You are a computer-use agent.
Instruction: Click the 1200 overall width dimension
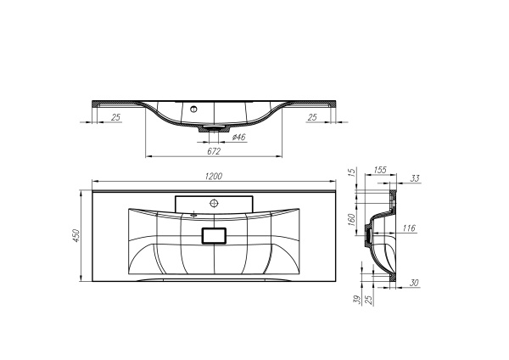pos(214,176)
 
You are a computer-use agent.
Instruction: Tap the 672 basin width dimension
pos(214,151)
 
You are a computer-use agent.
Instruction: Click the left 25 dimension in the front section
pos(115,116)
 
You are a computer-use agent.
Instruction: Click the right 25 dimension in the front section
pos(312,116)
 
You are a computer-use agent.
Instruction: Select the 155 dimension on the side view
pos(380,170)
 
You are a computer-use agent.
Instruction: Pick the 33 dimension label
pos(415,178)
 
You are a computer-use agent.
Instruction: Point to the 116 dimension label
pos(409,228)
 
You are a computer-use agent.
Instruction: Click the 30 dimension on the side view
pos(415,283)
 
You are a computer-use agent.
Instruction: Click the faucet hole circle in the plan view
pos(214,203)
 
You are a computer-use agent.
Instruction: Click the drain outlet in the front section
pos(213,128)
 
